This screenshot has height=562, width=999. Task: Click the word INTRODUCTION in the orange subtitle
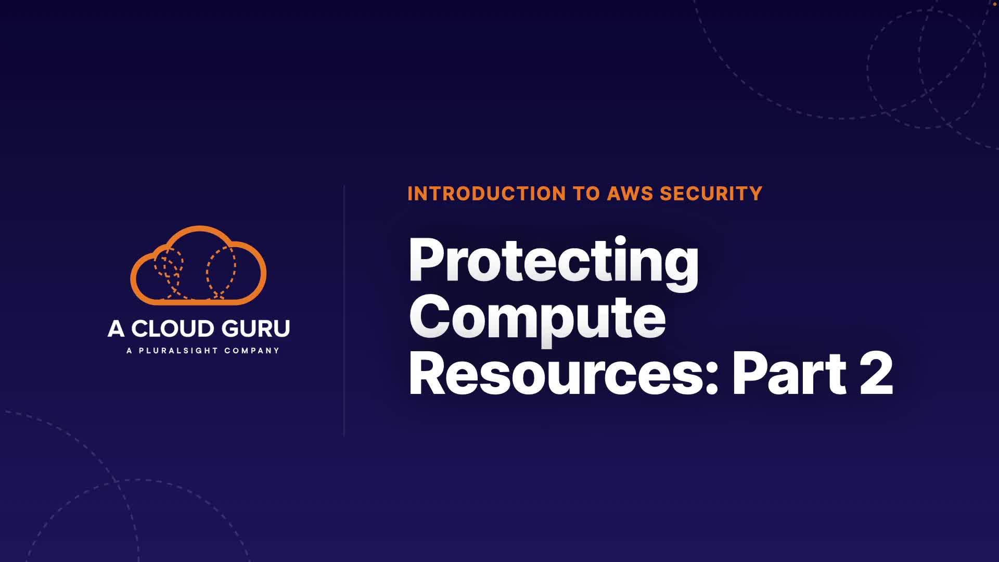486,194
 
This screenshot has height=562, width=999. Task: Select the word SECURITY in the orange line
711,194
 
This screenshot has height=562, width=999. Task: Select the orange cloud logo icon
198,265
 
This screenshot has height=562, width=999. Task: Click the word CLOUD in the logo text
172,329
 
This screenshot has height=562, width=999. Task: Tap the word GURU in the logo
254,329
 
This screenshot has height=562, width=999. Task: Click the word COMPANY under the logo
252,351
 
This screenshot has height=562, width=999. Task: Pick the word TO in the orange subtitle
586,194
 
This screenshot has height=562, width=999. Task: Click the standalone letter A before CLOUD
116,329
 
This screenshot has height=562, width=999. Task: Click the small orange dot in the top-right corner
994,4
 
